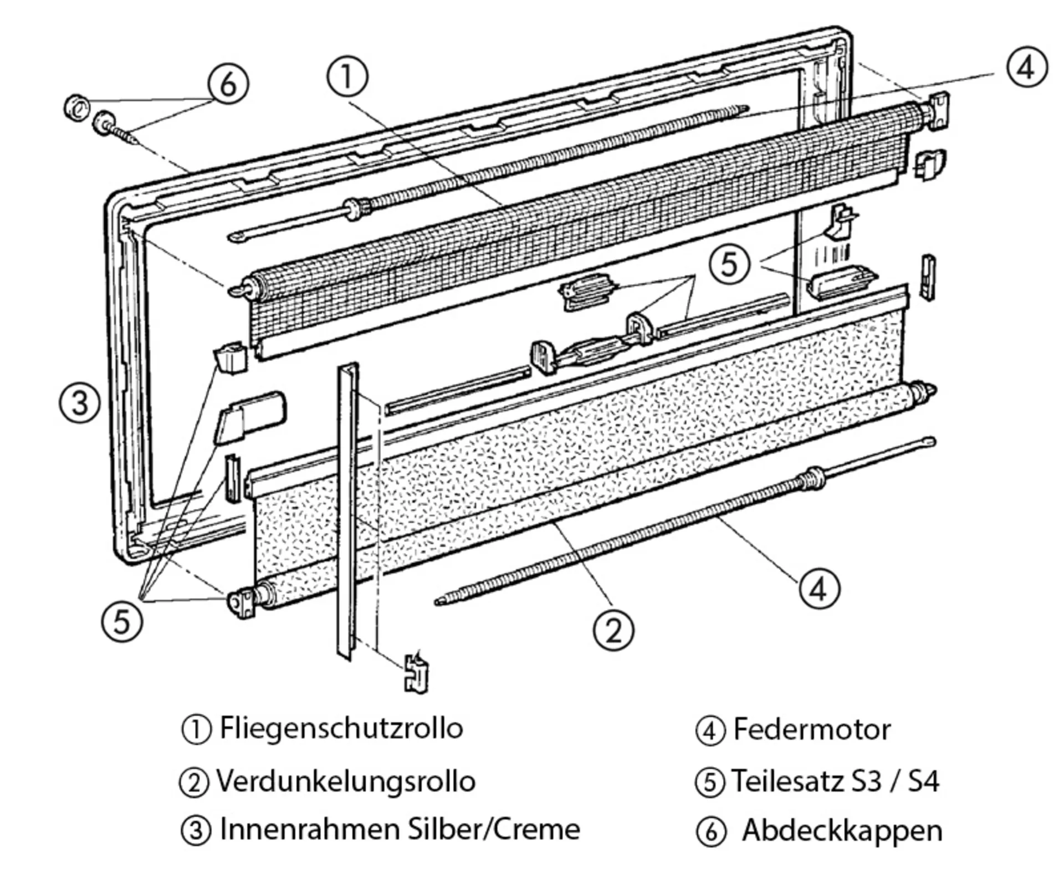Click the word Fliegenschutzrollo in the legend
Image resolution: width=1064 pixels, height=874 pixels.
341,728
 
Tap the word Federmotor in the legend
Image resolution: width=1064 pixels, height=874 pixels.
812,729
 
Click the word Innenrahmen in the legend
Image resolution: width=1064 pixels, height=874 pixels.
310,830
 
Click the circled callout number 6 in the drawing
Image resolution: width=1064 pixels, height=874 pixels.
228,84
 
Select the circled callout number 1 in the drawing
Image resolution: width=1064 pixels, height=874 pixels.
347,76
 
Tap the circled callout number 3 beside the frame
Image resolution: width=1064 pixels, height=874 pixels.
80,402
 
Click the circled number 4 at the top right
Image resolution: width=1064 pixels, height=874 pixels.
1026,68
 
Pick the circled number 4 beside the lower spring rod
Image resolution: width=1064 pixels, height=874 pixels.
819,589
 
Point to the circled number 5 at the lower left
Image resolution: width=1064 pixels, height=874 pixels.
122,621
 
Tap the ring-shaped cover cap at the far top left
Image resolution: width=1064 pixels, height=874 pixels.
76,107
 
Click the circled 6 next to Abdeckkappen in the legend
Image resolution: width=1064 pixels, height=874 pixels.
710,832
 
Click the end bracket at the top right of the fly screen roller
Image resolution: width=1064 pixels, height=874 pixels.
938,110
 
